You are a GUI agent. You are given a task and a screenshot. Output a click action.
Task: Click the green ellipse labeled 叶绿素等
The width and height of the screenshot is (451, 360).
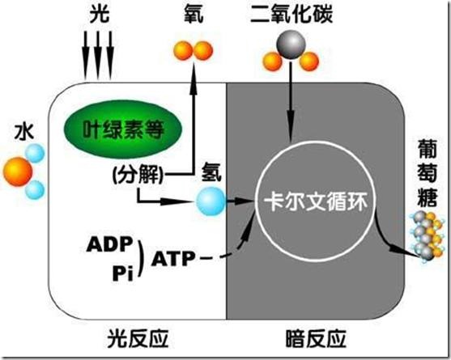[123, 129]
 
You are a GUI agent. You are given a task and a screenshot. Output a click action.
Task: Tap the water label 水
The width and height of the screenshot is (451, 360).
[24, 132]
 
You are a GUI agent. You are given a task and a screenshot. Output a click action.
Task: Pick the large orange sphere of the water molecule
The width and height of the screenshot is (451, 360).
[17, 172]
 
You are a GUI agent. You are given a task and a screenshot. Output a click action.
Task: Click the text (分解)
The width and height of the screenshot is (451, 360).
[138, 174]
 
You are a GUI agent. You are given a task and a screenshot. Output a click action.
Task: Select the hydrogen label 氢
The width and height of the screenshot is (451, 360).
[211, 172]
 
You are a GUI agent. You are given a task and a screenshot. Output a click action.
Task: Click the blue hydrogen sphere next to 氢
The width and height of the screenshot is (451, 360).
[211, 201]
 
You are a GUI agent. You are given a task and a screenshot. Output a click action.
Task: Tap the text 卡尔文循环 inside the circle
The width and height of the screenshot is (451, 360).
[316, 202]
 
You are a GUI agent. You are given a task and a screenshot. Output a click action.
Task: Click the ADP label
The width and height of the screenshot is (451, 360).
[110, 244]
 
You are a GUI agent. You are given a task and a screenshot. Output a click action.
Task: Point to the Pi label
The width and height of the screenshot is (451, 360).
[123, 273]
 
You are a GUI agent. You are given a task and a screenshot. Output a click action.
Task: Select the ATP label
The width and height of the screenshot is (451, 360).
[173, 258]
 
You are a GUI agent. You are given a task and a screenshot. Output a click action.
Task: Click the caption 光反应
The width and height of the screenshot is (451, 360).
[138, 339]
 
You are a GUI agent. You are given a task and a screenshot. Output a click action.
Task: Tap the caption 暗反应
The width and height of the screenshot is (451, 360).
[316, 339]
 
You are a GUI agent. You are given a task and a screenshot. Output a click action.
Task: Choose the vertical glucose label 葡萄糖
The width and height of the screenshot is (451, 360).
[428, 173]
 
